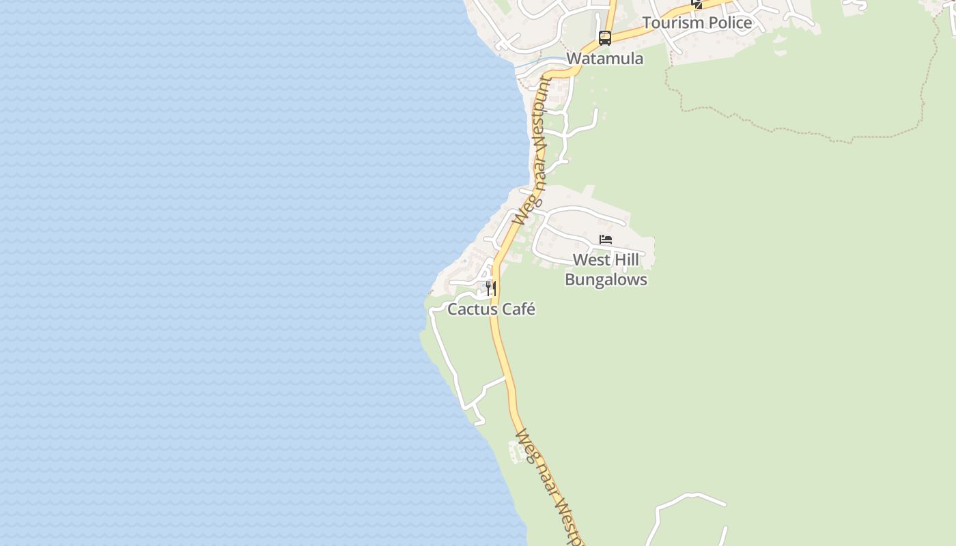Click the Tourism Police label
point(697,23)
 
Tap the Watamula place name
point(604,59)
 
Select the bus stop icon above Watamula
point(605,38)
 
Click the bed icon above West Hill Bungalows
point(606,240)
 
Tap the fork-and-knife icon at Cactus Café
point(491,288)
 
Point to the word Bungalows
point(606,280)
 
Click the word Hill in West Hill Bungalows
point(625,260)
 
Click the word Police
point(729,23)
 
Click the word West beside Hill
point(589,260)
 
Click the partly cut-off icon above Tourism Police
point(697,3)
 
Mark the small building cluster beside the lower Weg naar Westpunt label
point(519,451)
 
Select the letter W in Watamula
point(574,59)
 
